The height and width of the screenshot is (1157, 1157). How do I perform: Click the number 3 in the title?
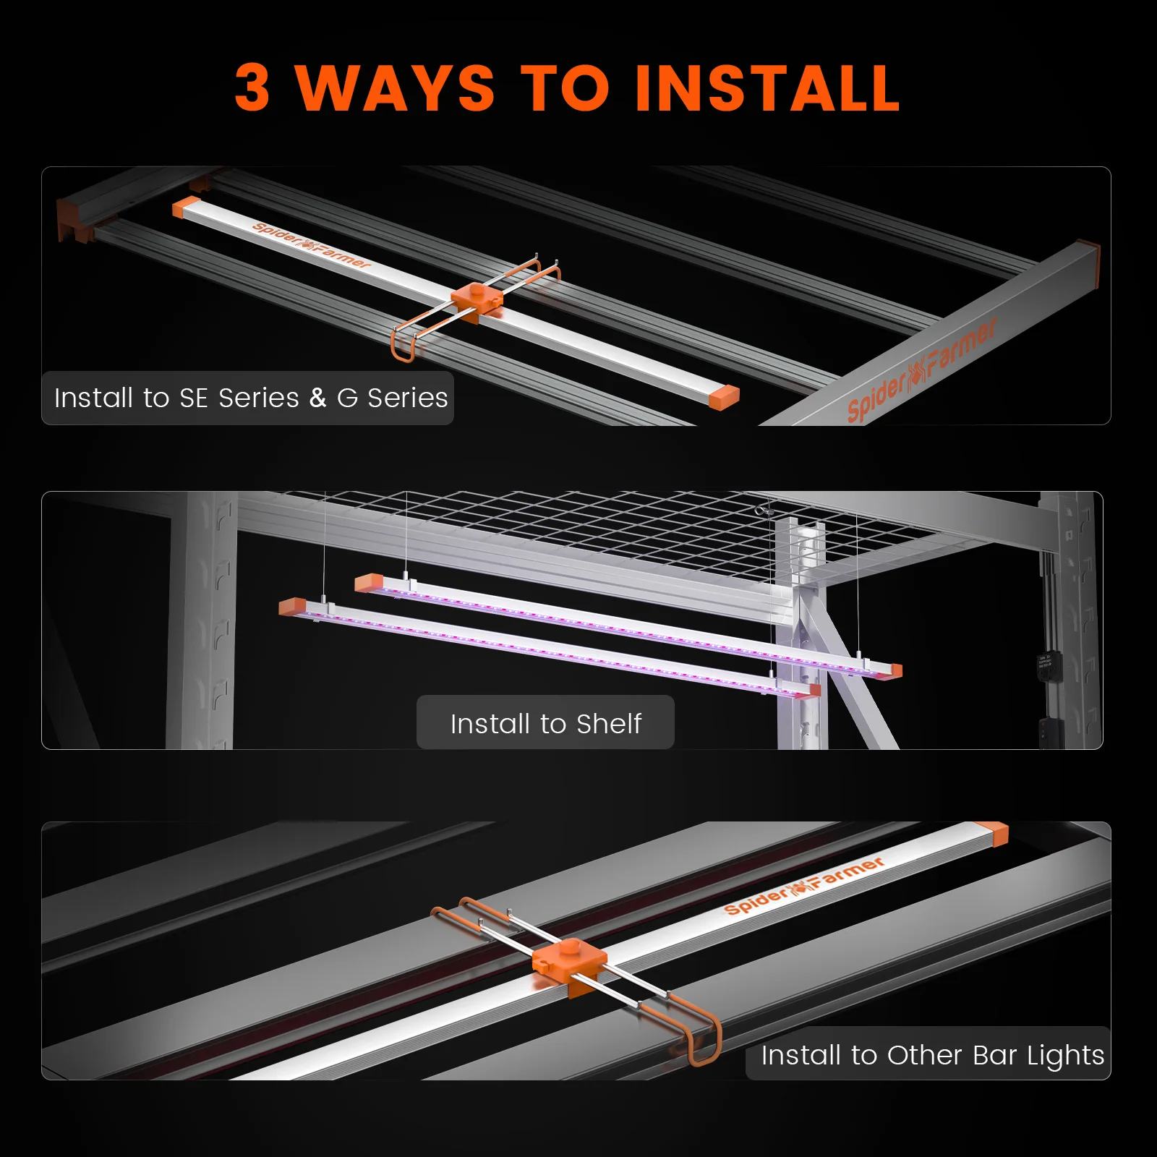click(253, 88)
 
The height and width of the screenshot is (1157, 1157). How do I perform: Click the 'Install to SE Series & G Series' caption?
click(250, 398)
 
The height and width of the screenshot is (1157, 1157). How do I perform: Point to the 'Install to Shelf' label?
click(545, 723)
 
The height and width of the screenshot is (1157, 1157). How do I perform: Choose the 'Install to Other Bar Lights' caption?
click(931, 1055)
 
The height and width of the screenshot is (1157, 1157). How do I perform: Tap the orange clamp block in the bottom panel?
click(569, 962)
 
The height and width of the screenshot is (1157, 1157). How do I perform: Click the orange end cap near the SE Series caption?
click(724, 397)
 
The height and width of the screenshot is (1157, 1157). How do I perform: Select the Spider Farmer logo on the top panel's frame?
click(922, 370)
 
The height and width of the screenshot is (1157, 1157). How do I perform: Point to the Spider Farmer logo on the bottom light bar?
click(803, 886)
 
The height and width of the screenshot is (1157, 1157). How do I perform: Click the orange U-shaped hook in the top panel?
click(403, 346)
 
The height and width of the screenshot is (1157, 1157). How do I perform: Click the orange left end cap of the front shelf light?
click(293, 606)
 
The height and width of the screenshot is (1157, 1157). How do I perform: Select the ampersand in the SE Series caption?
click(317, 398)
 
